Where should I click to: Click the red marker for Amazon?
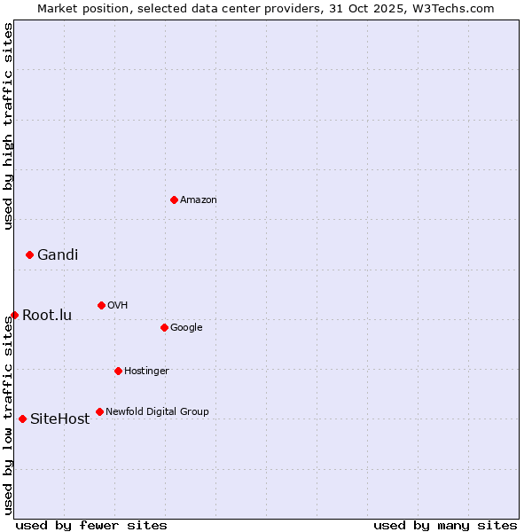[x=174, y=199]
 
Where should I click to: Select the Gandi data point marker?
[x=29, y=254]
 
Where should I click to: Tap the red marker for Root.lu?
[x=14, y=315]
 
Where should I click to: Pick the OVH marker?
[x=101, y=305]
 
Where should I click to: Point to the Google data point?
[x=164, y=327]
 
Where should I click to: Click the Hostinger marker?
[x=118, y=371]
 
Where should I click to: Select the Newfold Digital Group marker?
[x=99, y=411]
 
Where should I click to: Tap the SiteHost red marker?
[x=22, y=419]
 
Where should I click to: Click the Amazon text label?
[x=199, y=199]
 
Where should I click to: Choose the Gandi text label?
[x=58, y=254]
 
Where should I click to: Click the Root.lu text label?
[x=47, y=315]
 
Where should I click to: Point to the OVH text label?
[x=118, y=305]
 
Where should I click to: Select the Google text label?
[x=186, y=327]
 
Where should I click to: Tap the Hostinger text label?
[x=146, y=371]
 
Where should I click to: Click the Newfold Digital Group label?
[x=157, y=411]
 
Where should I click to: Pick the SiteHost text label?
[x=60, y=419]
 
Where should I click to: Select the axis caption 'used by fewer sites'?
[x=91, y=525]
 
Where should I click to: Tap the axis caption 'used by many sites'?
[x=445, y=525]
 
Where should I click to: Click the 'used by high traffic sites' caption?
[x=8, y=126]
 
